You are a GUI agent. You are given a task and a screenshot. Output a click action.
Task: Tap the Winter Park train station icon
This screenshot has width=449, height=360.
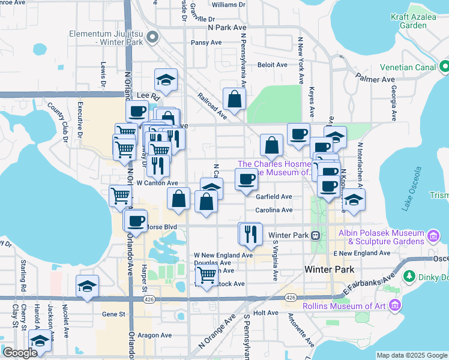coord(316,235)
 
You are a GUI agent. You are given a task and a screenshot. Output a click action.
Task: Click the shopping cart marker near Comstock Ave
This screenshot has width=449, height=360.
coord(206,275)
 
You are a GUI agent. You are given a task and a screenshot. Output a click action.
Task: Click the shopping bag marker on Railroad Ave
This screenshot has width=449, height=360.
coord(234,99)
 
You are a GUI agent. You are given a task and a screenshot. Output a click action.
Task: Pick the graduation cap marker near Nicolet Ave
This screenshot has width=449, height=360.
coord(88,286)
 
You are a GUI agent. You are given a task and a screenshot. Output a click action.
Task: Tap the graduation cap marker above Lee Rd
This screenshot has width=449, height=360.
coord(166,80)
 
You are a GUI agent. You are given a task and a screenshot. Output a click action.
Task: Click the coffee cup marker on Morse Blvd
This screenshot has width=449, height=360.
coord(136,220)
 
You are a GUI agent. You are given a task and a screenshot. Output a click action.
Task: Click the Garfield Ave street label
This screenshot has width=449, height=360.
coord(274,196)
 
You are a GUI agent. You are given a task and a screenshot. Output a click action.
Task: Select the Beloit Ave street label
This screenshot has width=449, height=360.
coord(273,65)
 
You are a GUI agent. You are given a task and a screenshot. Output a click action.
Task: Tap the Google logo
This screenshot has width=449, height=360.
coord(19,353)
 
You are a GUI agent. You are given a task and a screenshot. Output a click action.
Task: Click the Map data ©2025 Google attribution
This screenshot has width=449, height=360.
coord(411,355)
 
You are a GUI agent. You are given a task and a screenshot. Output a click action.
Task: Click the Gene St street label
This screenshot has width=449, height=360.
coord(113,313)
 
